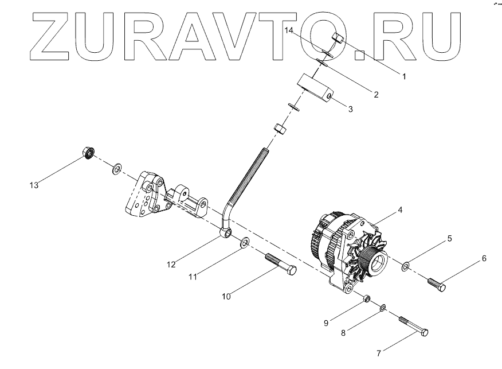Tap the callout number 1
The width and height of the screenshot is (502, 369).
pos(403,76)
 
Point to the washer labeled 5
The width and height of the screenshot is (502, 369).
pos(406,266)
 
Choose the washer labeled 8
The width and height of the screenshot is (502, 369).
pos(382,309)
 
